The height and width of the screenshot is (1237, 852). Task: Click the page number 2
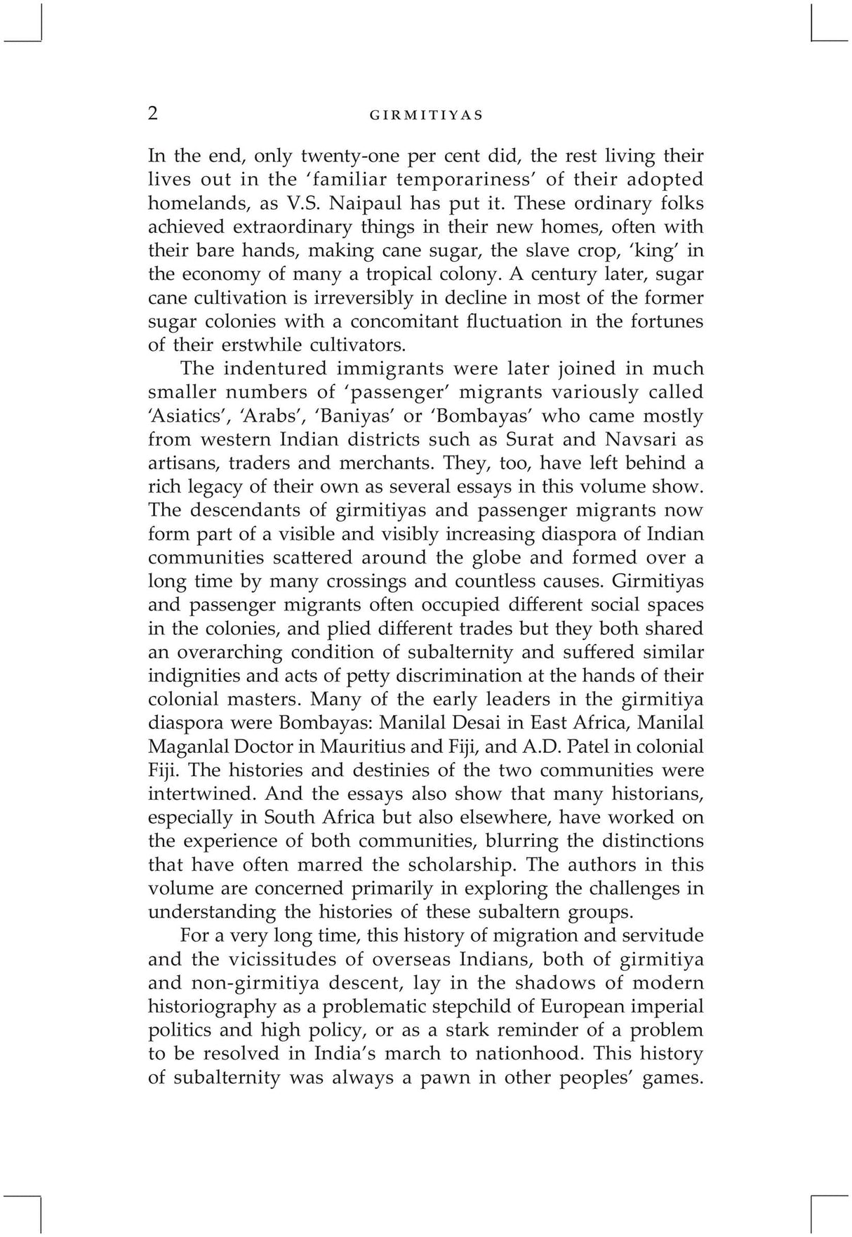(x=153, y=114)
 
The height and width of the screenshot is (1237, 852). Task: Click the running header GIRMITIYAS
(x=426, y=116)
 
